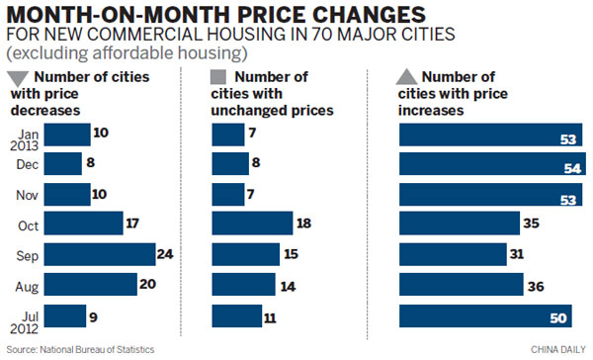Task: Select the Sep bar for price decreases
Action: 100,254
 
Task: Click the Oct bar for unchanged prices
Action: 253,224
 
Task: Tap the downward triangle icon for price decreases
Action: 18,79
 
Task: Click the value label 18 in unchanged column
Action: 305,225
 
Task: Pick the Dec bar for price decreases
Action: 62,163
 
